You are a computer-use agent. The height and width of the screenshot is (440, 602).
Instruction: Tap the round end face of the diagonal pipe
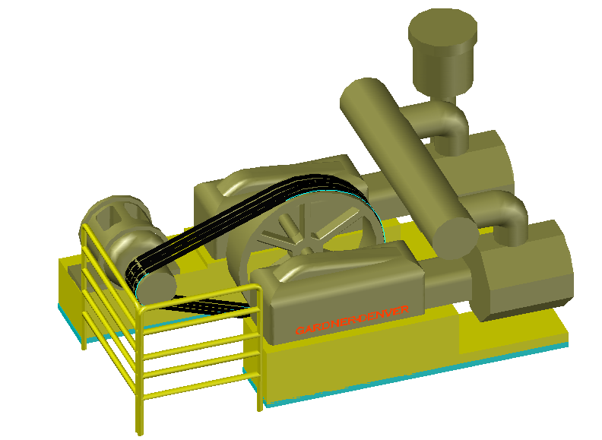[x=455, y=236]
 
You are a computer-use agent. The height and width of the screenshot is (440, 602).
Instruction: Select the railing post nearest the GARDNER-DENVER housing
[x=259, y=350]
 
